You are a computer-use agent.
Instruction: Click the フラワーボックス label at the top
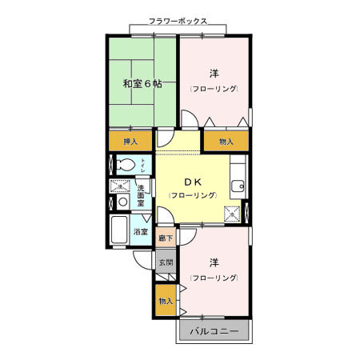click(x=178, y=22)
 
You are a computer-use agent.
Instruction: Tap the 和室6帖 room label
click(x=142, y=83)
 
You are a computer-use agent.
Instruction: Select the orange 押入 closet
click(x=130, y=142)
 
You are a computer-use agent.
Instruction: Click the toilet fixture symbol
click(x=125, y=166)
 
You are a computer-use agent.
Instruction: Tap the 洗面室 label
click(x=140, y=194)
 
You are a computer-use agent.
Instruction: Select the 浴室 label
click(x=141, y=232)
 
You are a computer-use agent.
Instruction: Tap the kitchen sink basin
click(x=235, y=187)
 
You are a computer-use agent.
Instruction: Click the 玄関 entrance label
click(x=165, y=262)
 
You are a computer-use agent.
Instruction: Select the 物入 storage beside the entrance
click(x=166, y=301)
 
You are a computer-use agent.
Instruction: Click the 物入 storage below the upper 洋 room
click(x=226, y=142)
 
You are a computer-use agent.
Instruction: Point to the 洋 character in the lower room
click(x=214, y=262)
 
